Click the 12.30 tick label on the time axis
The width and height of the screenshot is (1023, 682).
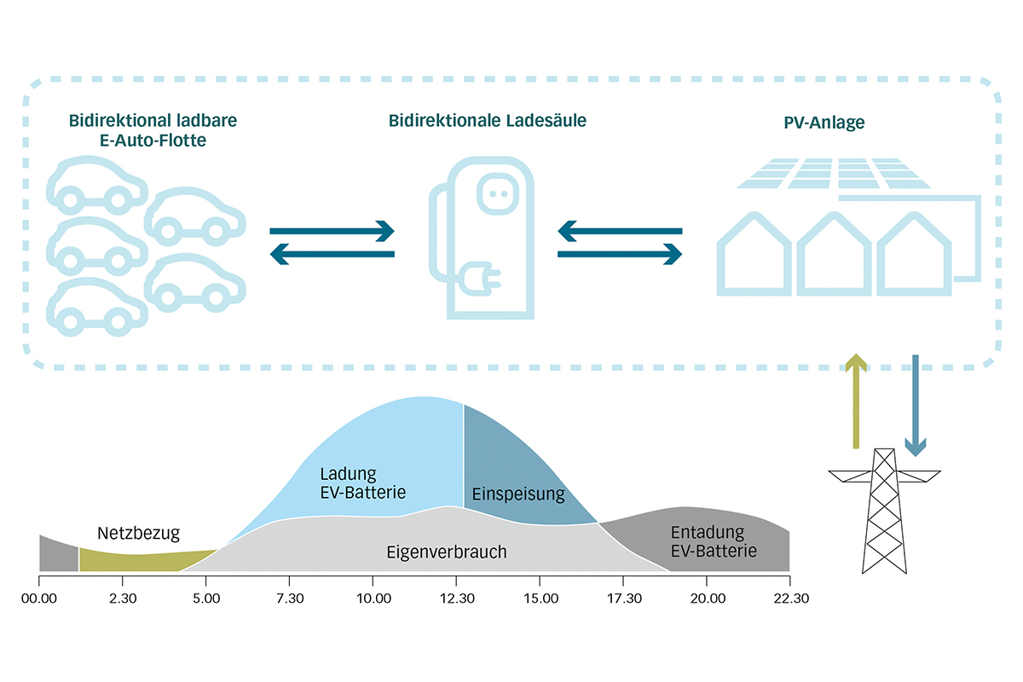tap(456, 598)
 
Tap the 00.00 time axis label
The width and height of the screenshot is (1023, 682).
tap(39, 598)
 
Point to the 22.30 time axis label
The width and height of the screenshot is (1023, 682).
tap(789, 598)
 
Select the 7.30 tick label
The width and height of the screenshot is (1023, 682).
tap(290, 598)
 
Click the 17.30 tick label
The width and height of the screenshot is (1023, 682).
tap(623, 598)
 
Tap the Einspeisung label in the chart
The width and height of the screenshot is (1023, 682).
tap(518, 494)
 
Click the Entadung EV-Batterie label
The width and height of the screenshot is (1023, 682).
tap(714, 540)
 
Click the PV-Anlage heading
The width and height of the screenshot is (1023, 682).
tap(824, 123)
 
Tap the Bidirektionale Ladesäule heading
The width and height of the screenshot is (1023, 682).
tap(488, 121)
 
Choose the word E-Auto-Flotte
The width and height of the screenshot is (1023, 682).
tap(153, 141)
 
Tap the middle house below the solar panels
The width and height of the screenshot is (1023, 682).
tap(834, 256)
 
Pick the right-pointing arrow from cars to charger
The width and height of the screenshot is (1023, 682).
tap(332, 230)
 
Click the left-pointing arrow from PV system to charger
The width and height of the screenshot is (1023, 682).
tap(620, 230)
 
